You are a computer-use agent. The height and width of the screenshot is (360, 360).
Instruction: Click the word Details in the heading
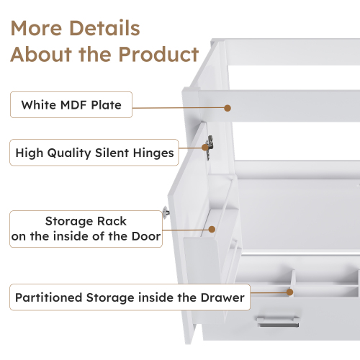pyautogui.click(x=104, y=28)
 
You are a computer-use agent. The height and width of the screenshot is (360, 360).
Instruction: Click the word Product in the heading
pyautogui.click(x=158, y=54)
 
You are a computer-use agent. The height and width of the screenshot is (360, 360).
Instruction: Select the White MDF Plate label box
pyautogui.click(x=71, y=104)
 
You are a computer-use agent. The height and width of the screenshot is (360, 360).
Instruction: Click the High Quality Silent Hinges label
pyautogui.click(x=94, y=153)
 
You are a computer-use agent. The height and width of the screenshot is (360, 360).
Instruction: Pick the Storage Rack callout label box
pyautogui.click(x=86, y=229)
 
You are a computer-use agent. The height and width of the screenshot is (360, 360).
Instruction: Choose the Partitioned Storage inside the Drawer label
pyautogui.click(x=130, y=297)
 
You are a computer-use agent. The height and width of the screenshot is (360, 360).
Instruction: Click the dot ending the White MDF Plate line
pyautogui.click(x=228, y=108)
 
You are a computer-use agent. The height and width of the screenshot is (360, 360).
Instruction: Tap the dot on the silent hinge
pyautogui.click(x=205, y=148)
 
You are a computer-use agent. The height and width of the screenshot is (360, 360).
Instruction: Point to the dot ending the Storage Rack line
pyautogui.click(x=212, y=230)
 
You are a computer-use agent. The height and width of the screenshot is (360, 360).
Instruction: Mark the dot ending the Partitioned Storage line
pyautogui.click(x=290, y=292)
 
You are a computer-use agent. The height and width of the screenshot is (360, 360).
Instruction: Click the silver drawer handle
pyautogui.click(x=278, y=322)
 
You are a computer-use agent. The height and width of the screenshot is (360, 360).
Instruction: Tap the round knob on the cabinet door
pyautogui.click(x=166, y=212)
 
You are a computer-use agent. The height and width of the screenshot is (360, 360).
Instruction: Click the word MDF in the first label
pyautogui.click(x=73, y=105)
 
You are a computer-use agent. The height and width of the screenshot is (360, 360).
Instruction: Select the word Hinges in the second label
pyautogui.click(x=153, y=153)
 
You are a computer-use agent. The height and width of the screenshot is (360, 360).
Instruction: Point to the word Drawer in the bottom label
pyautogui.click(x=222, y=297)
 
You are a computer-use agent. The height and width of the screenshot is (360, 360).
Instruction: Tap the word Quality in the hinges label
pyautogui.click(x=69, y=153)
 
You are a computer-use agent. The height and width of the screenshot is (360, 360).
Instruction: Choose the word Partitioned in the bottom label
pyautogui.click(x=49, y=297)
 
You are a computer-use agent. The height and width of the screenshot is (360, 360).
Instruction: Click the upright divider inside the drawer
pyautogui.click(x=292, y=282)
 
